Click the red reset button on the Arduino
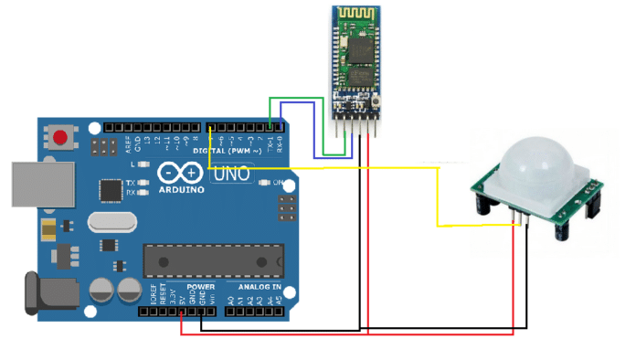(61, 139)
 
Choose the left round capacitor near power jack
(101, 291)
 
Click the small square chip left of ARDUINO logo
(111, 188)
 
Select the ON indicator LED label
(278, 182)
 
